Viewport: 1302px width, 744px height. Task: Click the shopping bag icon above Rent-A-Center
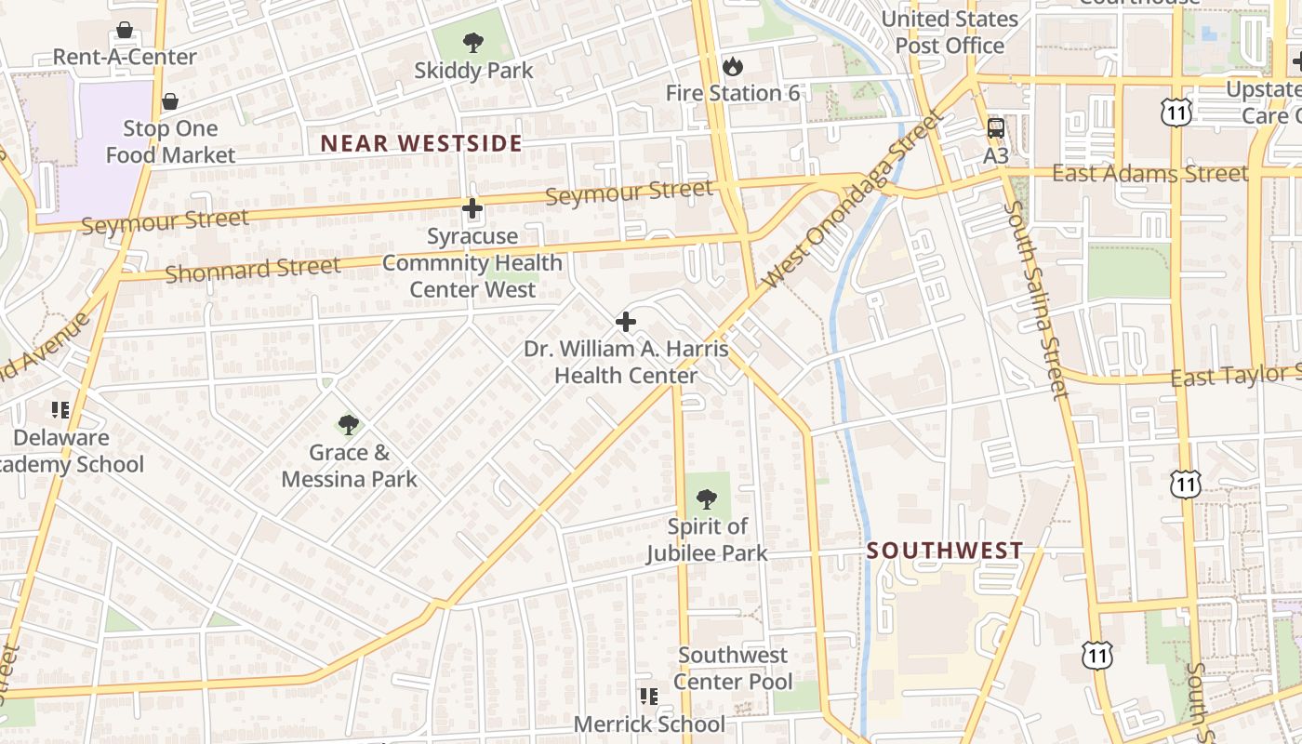pyautogui.click(x=125, y=30)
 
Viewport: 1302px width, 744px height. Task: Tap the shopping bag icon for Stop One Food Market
pyautogui.click(x=170, y=101)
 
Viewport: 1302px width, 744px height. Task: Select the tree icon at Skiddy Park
pyautogui.click(x=473, y=42)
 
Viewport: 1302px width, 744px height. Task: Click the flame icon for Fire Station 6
pyautogui.click(x=733, y=66)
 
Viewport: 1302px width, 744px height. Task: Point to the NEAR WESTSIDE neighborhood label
pyautogui.click(x=421, y=143)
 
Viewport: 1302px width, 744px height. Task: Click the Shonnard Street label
pyautogui.click(x=253, y=269)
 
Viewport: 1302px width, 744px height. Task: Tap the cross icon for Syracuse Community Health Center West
pyautogui.click(x=472, y=208)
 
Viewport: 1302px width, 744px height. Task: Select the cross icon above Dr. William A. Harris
pyautogui.click(x=626, y=322)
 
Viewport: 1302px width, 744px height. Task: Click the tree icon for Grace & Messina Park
pyautogui.click(x=349, y=425)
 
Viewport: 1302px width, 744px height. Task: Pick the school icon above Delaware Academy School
pyautogui.click(x=61, y=409)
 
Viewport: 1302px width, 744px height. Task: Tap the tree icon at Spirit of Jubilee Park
pyautogui.click(x=707, y=499)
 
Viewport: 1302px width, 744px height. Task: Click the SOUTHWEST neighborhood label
pyautogui.click(x=945, y=551)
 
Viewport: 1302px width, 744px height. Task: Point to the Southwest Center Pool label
pyautogui.click(x=733, y=669)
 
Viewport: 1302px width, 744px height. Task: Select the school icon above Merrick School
pyautogui.click(x=649, y=696)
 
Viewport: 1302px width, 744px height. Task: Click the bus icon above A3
pyautogui.click(x=996, y=127)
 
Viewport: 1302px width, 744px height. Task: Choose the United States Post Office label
pyautogui.click(x=950, y=33)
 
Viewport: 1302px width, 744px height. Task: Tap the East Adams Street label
pyautogui.click(x=1149, y=174)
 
